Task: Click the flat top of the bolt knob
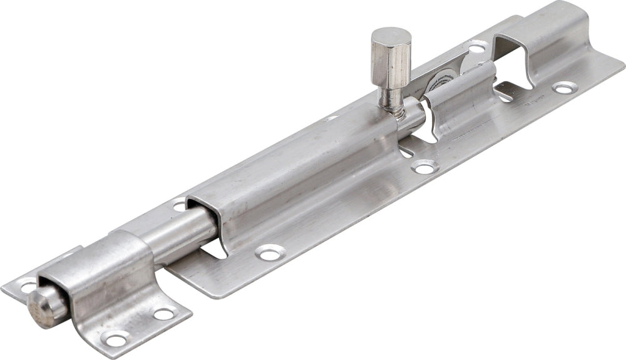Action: click(391, 37)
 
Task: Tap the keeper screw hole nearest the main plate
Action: click(164, 314)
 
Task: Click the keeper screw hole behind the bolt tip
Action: click(28, 286)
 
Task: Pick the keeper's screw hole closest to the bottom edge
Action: click(116, 340)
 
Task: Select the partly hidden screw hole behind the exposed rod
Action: click(180, 203)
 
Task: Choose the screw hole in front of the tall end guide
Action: click(565, 88)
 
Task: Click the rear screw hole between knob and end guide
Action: click(477, 47)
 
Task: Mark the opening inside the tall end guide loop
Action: click(513, 56)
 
